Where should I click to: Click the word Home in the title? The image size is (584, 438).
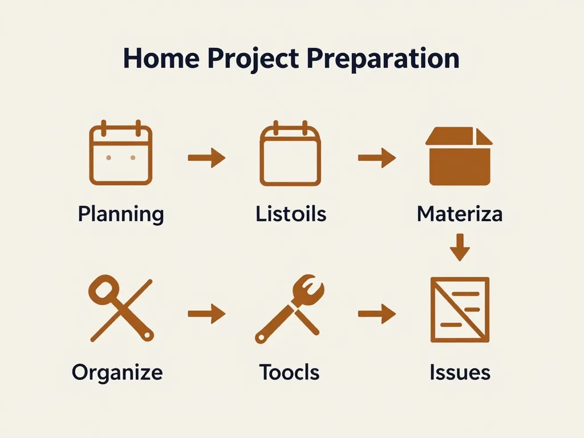(x=161, y=58)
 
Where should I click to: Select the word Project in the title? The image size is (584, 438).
(x=253, y=59)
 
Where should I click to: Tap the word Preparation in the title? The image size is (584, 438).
(x=384, y=59)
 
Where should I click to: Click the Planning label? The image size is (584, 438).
(x=121, y=214)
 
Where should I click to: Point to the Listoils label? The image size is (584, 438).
(x=291, y=214)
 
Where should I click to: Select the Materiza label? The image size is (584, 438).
(x=460, y=214)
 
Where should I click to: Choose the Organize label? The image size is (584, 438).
(x=117, y=372)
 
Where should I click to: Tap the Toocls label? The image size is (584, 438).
(x=289, y=372)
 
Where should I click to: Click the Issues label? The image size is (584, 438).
(x=460, y=372)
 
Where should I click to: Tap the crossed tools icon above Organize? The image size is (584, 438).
(x=121, y=309)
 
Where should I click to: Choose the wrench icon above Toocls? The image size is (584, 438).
(x=290, y=309)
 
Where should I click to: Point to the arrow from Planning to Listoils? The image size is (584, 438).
(x=206, y=157)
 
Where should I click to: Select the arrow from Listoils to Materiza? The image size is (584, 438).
(x=377, y=158)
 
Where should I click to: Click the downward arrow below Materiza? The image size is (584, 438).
(x=460, y=248)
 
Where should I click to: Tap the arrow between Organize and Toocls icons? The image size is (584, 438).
(x=206, y=314)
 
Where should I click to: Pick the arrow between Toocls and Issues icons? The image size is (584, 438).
(x=377, y=314)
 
